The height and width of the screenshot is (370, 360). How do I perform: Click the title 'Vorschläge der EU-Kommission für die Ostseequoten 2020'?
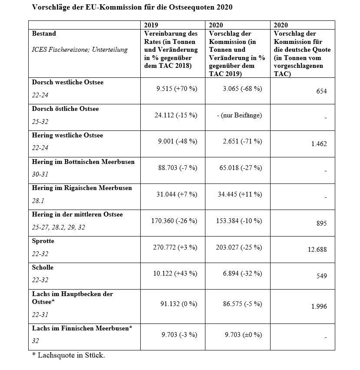coord(132,7)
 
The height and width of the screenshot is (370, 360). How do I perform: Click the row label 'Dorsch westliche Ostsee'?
coord(68,82)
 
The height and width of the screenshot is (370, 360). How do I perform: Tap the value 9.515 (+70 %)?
coord(177,89)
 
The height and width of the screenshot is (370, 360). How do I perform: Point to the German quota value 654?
coord(321,91)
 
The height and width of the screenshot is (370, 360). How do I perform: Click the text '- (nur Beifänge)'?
coord(240,115)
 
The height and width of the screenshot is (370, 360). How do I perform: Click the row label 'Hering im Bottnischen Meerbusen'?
coord(83,162)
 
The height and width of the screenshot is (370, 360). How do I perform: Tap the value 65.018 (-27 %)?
coord(240,168)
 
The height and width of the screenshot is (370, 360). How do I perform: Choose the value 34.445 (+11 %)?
coord(240,194)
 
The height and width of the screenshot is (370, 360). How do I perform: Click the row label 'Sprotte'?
coord(43,241)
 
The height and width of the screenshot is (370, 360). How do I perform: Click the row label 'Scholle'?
coord(43,267)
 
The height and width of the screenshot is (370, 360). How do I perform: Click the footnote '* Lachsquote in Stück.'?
coord(69,355)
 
